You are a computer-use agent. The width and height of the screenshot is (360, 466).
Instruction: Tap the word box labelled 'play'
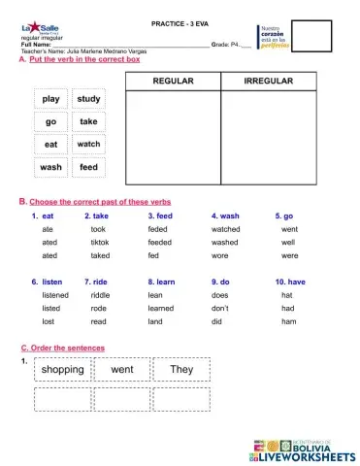click(x=51, y=100)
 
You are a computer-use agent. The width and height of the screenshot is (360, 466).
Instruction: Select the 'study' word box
click(x=88, y=100)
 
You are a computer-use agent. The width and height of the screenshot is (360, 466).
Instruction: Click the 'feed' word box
click(x=88, y=167)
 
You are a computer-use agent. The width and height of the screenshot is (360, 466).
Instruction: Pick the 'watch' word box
click(x=88, y=145)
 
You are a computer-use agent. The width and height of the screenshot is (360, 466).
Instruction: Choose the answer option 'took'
click(x=98, y=229)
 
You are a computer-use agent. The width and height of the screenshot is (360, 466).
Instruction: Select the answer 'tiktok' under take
click(x=100, y=242)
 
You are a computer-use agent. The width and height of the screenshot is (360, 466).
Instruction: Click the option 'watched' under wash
click(x=225, y=229)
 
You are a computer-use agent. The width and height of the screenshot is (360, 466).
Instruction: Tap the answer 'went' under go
click(x=289, y=229)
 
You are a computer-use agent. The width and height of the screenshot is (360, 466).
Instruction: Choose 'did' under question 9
click(x=216, y=320)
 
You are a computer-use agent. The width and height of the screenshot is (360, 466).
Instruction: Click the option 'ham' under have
click(x=287, y=320)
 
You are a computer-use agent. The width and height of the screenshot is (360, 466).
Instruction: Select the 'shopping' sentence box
click(x=63, y=371)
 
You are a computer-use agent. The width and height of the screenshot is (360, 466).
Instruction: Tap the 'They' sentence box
click(x=181, y=371)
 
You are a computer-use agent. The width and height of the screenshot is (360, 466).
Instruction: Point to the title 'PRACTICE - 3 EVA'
click(x=180, y=21)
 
